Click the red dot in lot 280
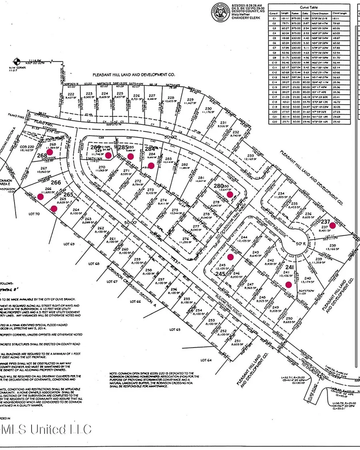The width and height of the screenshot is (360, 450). click(x=230, y=194)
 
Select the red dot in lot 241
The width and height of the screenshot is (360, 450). click(x=288, y=285)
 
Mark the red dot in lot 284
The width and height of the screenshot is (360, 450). click(x=151, y=165)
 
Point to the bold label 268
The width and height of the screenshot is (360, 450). click(x=42, y=155)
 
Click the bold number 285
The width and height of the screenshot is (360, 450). click(x=123, y=148)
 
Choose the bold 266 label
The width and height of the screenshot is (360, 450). click(x=56, y=183)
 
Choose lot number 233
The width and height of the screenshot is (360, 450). click(x=251, y=156)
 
